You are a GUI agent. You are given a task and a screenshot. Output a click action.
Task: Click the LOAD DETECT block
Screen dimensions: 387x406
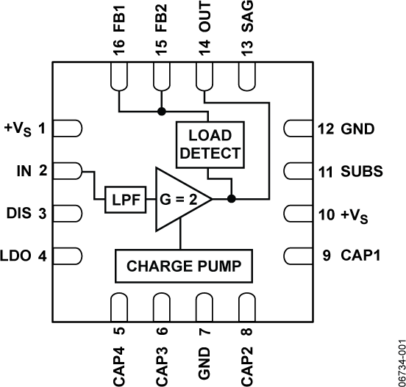point(210,144)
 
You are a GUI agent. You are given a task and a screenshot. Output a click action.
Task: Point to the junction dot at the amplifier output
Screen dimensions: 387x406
point(231,198)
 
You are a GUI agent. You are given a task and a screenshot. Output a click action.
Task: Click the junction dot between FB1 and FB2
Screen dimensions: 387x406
point(161,112)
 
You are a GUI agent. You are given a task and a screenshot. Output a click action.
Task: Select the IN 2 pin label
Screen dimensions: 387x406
point(33,172)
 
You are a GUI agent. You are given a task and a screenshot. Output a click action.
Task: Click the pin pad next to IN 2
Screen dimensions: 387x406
point(68,172)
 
